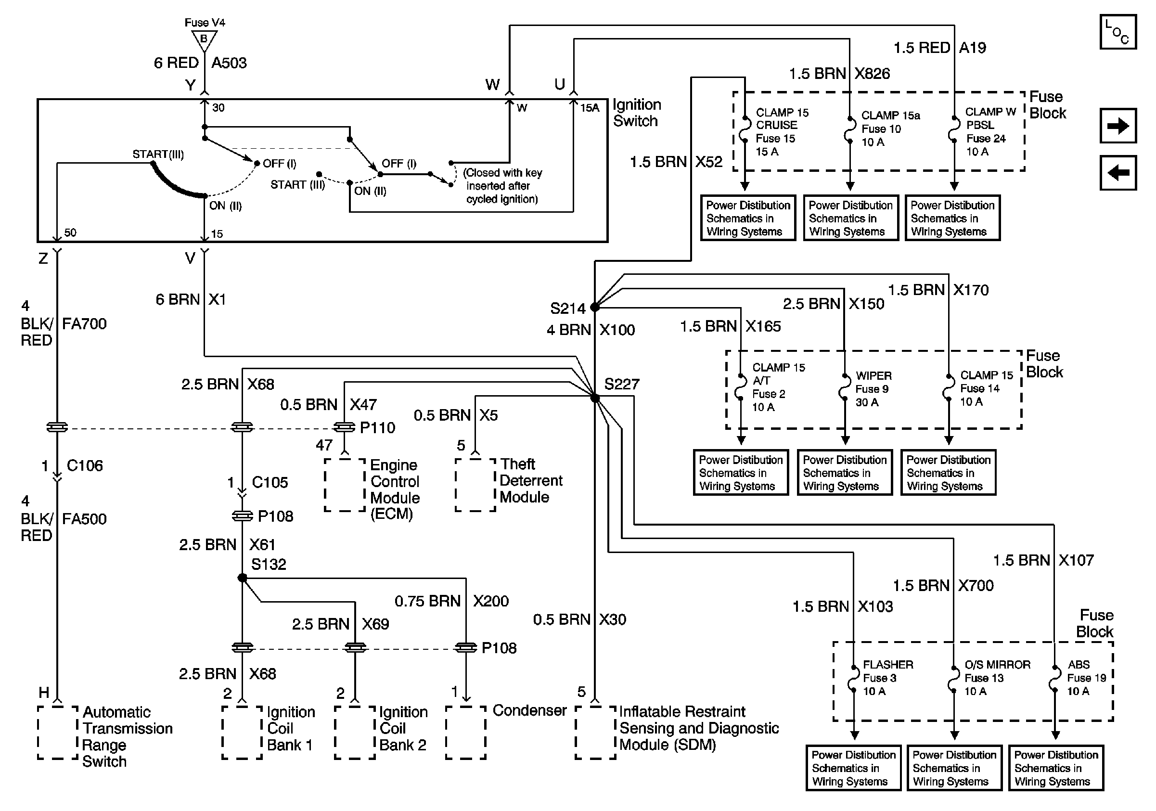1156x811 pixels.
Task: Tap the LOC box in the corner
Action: point(1117,32)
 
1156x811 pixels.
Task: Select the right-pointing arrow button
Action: point(1117,125)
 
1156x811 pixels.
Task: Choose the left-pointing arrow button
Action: point(1117,173)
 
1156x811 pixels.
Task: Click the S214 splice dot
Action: point(595,307)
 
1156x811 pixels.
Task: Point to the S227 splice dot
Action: point(595,398)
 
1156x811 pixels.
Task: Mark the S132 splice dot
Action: point(242,578)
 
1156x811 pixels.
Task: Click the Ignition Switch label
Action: point(636,113)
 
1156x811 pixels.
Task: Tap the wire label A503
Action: point(229,63)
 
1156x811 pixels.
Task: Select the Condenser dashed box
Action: point(466,733)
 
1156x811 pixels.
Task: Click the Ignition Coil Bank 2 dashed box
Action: point(355,733)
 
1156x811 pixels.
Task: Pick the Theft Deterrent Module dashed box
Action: point(475,485)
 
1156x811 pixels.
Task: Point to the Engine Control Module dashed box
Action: point(345,485)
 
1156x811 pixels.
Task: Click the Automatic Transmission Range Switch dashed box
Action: point(58,733)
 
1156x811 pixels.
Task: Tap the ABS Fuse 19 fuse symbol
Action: point(1055,679)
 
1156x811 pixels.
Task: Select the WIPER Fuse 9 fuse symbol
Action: point(844,388)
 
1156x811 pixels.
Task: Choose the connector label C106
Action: point(85,465)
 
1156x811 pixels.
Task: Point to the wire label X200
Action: point(491,601)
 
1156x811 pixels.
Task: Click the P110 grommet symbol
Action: point(345,427)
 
